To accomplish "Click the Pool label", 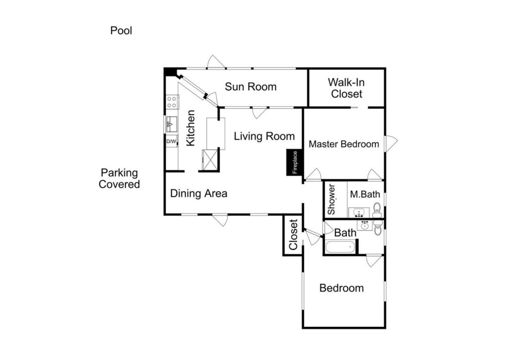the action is pyautogui.click(x=121, y=30).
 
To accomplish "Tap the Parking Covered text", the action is pyautogui.click(x=119, y=178).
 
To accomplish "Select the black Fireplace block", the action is pyautogui.click(x=295, y=162).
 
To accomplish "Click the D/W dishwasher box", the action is pyautogui.click(x=171, y=142).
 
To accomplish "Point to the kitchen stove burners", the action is pyautogui.click(x=172, y=101).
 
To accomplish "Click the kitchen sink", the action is pyautogui.click(x=171, y=125).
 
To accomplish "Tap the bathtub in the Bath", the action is pyautogui.click(x=340, y=247).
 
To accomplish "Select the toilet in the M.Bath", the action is pyautogui.click(x=377, y=210).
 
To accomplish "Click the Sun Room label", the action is pyautogui.click(x=251, y=86).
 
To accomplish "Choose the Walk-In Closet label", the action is pyautogui.click(x=346, y=88).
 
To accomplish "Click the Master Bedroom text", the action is pyautogui.click(x=344, y=144).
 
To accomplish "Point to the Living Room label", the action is pyautogui.click(x=264, y=136).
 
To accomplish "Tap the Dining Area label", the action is pyautogui.click(x=198, y=193).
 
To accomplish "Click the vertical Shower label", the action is pyautogui.click(x=331, y=200).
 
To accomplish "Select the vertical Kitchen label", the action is pyautogui.click(x=190, y=128).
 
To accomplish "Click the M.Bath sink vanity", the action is pyautogui.click(x=359, y=213).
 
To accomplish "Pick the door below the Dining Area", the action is pyautogui.click(x=220, y=220).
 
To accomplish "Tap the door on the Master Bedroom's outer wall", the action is pyautogui.click(x=391, y=144).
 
